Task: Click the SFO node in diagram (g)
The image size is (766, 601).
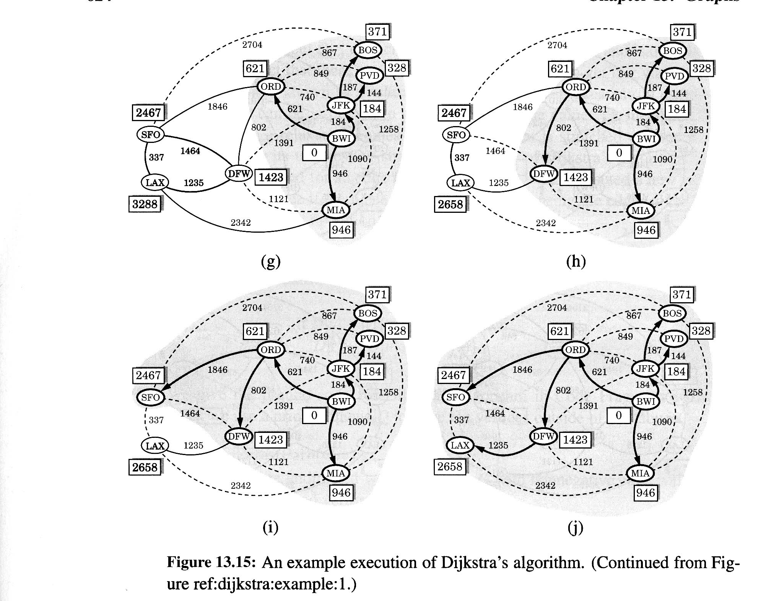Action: click(150, 134)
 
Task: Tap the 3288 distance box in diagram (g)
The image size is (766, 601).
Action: click(145, 204)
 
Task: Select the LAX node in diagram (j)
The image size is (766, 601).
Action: click(460, 445)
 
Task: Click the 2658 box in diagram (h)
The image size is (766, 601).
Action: click(450, 204)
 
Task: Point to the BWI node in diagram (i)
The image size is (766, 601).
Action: click(341, 402)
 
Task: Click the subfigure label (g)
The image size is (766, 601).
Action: click(271, 261)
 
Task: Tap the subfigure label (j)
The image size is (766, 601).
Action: click(575, 528)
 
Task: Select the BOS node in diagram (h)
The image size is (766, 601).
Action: click(672, 51)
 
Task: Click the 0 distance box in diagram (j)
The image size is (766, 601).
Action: click(619, 416)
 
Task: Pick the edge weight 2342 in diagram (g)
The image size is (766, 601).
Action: click(241, 222)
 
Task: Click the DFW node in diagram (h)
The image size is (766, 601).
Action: click(544, 174)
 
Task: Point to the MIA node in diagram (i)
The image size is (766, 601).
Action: click(335, 473)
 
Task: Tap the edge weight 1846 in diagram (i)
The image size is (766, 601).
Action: click(217, 369)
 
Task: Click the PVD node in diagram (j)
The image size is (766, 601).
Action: click(674, 339)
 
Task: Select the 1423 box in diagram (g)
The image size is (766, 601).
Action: click(271, 177)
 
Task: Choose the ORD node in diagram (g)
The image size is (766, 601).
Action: click(271, 87)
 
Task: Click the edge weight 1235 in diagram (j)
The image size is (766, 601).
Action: click(498, 445)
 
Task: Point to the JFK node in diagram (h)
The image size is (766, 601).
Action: click(646, 106)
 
